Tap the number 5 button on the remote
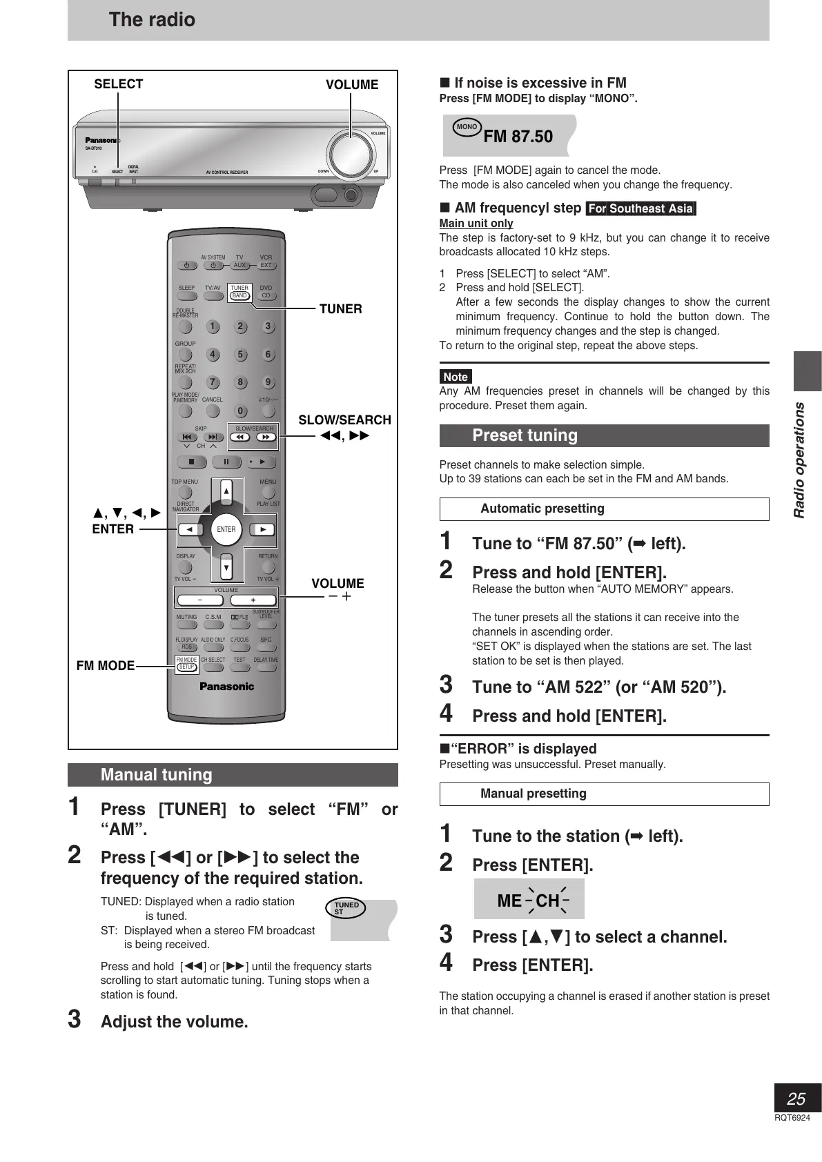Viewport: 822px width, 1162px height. [240, 355]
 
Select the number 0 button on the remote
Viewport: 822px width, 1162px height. [240, 411]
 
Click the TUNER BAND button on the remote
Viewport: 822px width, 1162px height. [239, 295]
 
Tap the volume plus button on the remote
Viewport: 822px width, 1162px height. [253, 600]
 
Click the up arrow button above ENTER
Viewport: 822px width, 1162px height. [226, 492]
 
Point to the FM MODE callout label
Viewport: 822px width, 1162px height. [106, 666]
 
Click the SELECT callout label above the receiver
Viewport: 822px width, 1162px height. [118, 84]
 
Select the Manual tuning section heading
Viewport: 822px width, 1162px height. [157, 775]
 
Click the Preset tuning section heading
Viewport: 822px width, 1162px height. [525, 435]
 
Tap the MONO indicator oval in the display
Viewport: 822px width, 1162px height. [467, 127]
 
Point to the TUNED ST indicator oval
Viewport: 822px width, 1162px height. [346, 908]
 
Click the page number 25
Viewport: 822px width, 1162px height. [796, 1099]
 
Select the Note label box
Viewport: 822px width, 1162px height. [456, 377]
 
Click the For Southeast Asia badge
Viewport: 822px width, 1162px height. [640, 208]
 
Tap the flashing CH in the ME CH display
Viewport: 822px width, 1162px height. [547, 900]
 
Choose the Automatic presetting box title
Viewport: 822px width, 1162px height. [542, 509]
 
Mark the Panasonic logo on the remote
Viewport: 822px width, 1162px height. [226, 687]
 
